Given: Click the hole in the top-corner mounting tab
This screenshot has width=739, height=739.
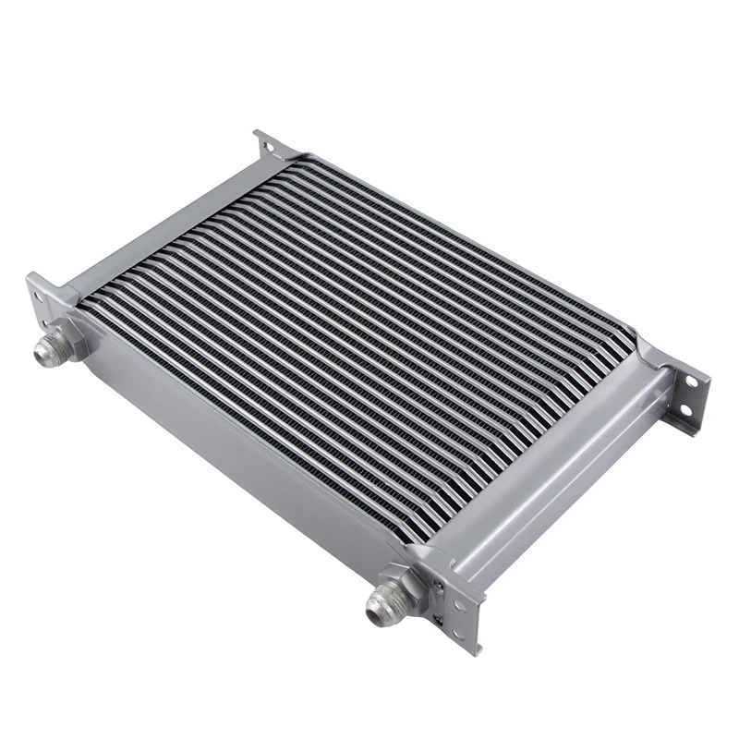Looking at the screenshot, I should coord(266,145).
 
